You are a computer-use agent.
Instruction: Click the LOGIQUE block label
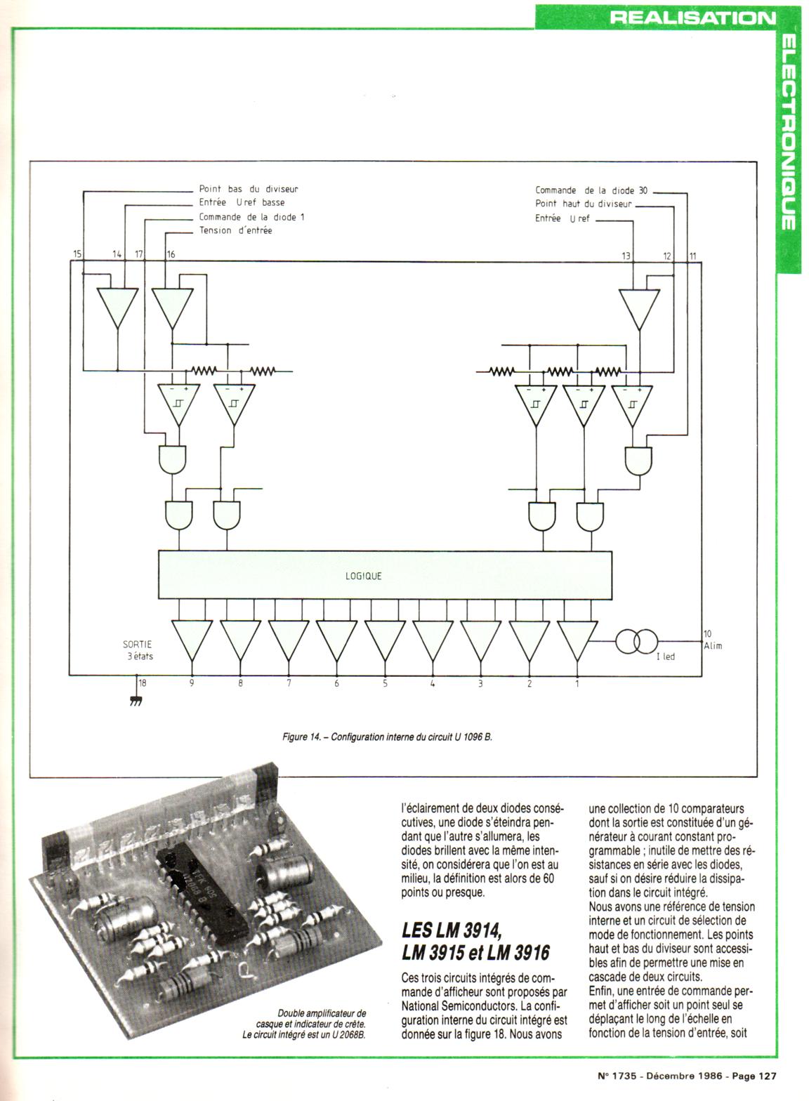tap(364, 576)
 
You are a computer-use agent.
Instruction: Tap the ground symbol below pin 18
tap(136, 701)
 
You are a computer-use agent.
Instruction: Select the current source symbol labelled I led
tap(636, 641)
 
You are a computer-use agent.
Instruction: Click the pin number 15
tap(77, 254)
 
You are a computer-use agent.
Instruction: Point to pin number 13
tap(626, 256)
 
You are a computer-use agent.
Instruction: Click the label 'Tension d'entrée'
tap(235, 230)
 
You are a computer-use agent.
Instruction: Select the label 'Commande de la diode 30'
tap(591, 190)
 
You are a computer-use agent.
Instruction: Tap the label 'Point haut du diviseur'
tap(584, 204)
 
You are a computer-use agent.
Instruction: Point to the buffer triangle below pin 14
tap(117, 308)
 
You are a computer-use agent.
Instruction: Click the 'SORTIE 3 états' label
tap(138, 650)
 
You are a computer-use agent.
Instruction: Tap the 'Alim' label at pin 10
tap(712, 645)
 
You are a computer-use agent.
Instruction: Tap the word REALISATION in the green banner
tap(692, 17)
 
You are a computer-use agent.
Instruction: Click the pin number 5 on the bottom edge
tap(385, 683)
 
